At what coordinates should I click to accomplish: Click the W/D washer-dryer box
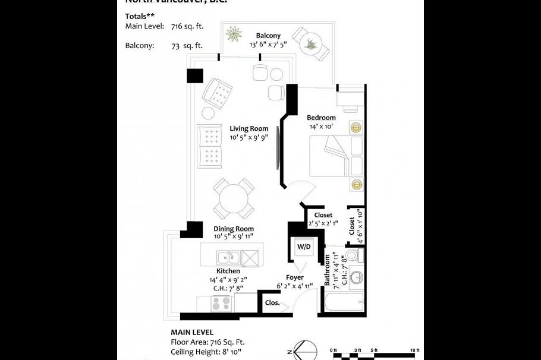click(303, 245)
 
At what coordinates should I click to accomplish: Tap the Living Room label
click(249, 128)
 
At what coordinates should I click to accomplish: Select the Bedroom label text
click(322, 118)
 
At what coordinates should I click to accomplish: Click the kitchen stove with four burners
click(224, 304)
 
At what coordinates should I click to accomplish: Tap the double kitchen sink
click(228, 257)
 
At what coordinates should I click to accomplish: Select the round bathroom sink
click(356, 278)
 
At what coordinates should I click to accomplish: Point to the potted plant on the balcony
click(234, 34)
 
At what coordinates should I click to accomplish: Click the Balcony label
click(268, 36)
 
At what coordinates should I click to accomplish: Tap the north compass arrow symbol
click(303, 350)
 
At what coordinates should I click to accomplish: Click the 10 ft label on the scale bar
click(414, 350)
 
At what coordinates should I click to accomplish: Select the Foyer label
click(295, 277)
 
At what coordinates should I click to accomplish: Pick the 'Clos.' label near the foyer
click(272, 302)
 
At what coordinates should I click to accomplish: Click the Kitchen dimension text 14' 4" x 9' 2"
click(228, 280)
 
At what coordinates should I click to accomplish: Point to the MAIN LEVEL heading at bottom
click(192, 333)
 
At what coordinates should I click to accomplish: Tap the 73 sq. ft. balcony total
click(187, 45)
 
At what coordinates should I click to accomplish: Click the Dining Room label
click(234, 229)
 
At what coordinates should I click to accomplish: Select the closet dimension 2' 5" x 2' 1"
click(323, 223)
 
